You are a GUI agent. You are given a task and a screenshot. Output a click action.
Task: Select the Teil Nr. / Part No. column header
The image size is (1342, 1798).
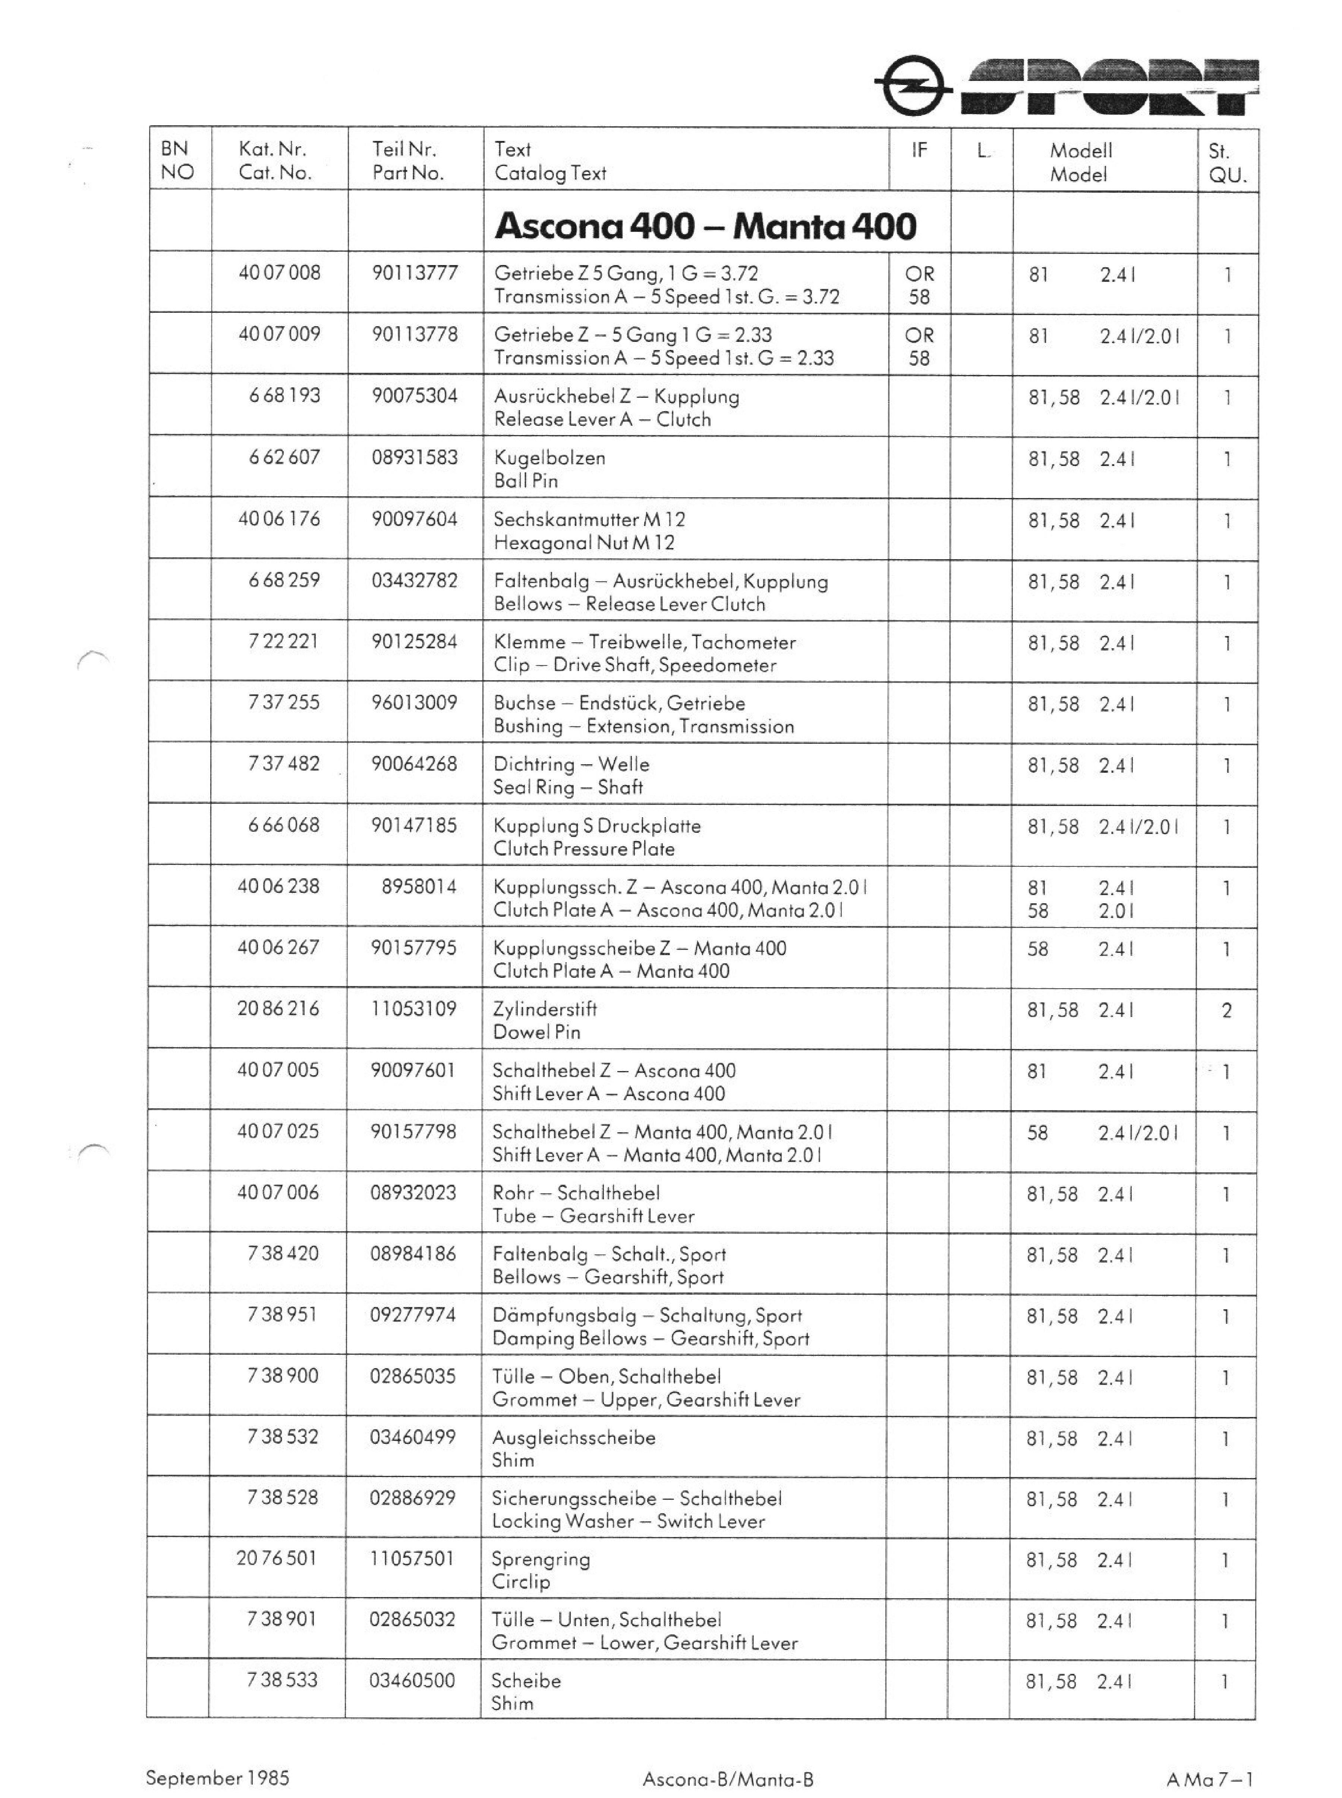tap(408, 161)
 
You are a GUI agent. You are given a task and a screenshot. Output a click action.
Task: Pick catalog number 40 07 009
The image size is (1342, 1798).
tap(280, 334)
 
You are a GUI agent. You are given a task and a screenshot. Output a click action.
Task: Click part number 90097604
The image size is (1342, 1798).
tap(414, 519)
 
